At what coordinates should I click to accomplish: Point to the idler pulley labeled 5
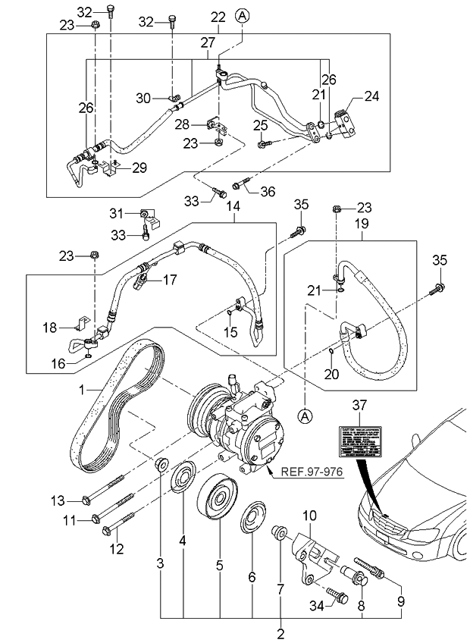219,501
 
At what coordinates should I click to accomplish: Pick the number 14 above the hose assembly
232,205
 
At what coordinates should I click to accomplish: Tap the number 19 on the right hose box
362,224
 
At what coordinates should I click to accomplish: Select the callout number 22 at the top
218,17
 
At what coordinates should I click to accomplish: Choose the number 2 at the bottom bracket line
280,632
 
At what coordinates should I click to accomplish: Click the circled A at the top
241,14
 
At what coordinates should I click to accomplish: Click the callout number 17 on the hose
170,280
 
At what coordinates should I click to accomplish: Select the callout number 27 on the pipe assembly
207,44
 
